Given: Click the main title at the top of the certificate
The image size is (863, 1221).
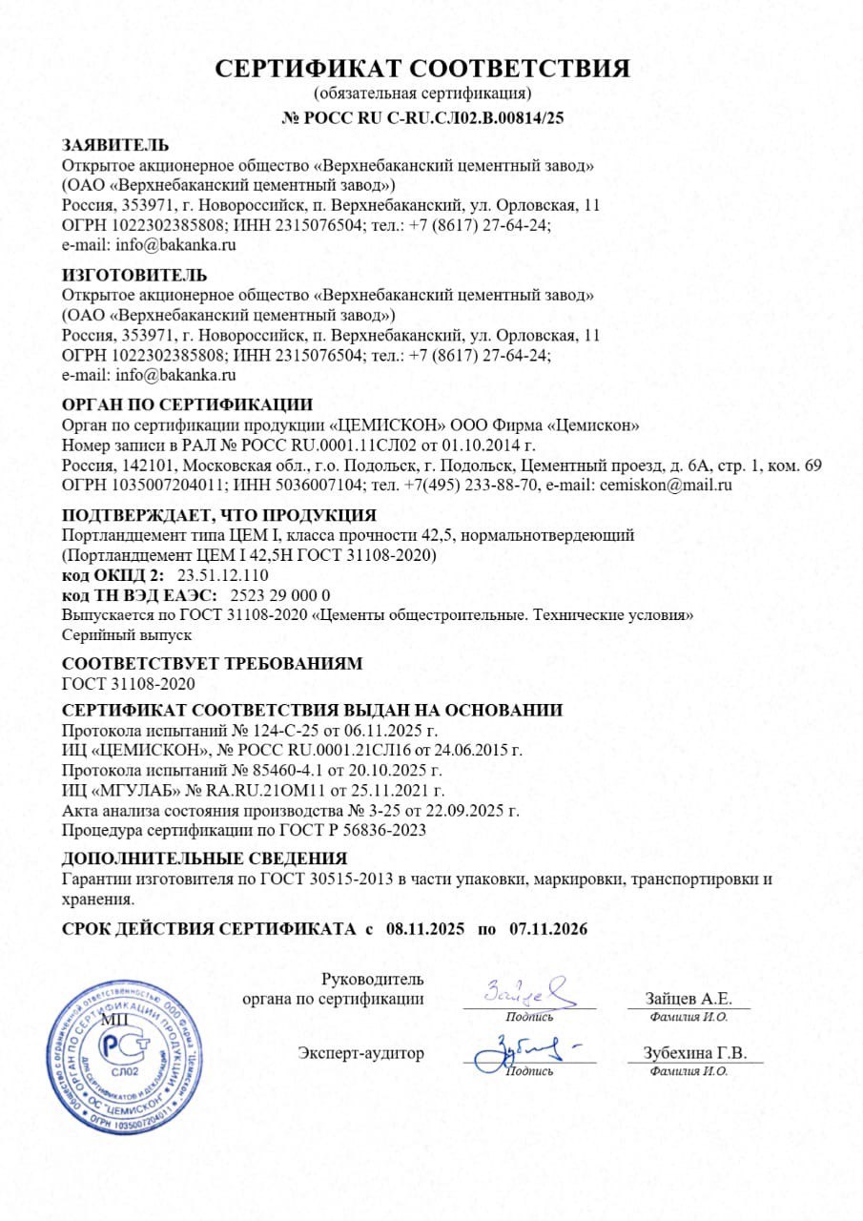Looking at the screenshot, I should coord(422,69).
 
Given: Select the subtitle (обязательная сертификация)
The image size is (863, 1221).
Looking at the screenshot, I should coord(422,93).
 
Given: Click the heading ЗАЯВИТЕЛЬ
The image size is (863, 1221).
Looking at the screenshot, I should coord(115,146).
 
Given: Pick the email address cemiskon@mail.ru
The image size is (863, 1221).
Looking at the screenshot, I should coord(665,486).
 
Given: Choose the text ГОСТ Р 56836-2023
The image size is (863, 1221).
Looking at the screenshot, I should coord(364,830).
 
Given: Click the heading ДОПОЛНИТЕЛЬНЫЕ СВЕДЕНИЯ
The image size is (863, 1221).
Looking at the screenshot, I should coord(204,858).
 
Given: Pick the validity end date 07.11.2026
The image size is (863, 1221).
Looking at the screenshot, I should coord(548,928).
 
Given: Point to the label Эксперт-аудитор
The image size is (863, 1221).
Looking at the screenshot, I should coord(360,1053).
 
